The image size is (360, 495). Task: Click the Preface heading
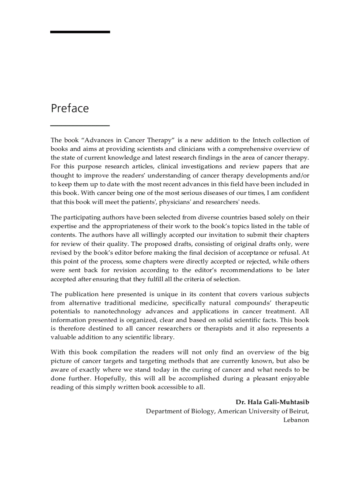[70, 108]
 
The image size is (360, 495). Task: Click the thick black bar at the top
[80, 32]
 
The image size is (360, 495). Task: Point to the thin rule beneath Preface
[80, 126]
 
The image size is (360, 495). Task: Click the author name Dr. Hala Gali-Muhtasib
[272, 402]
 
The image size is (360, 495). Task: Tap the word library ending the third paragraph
[161, 337]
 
